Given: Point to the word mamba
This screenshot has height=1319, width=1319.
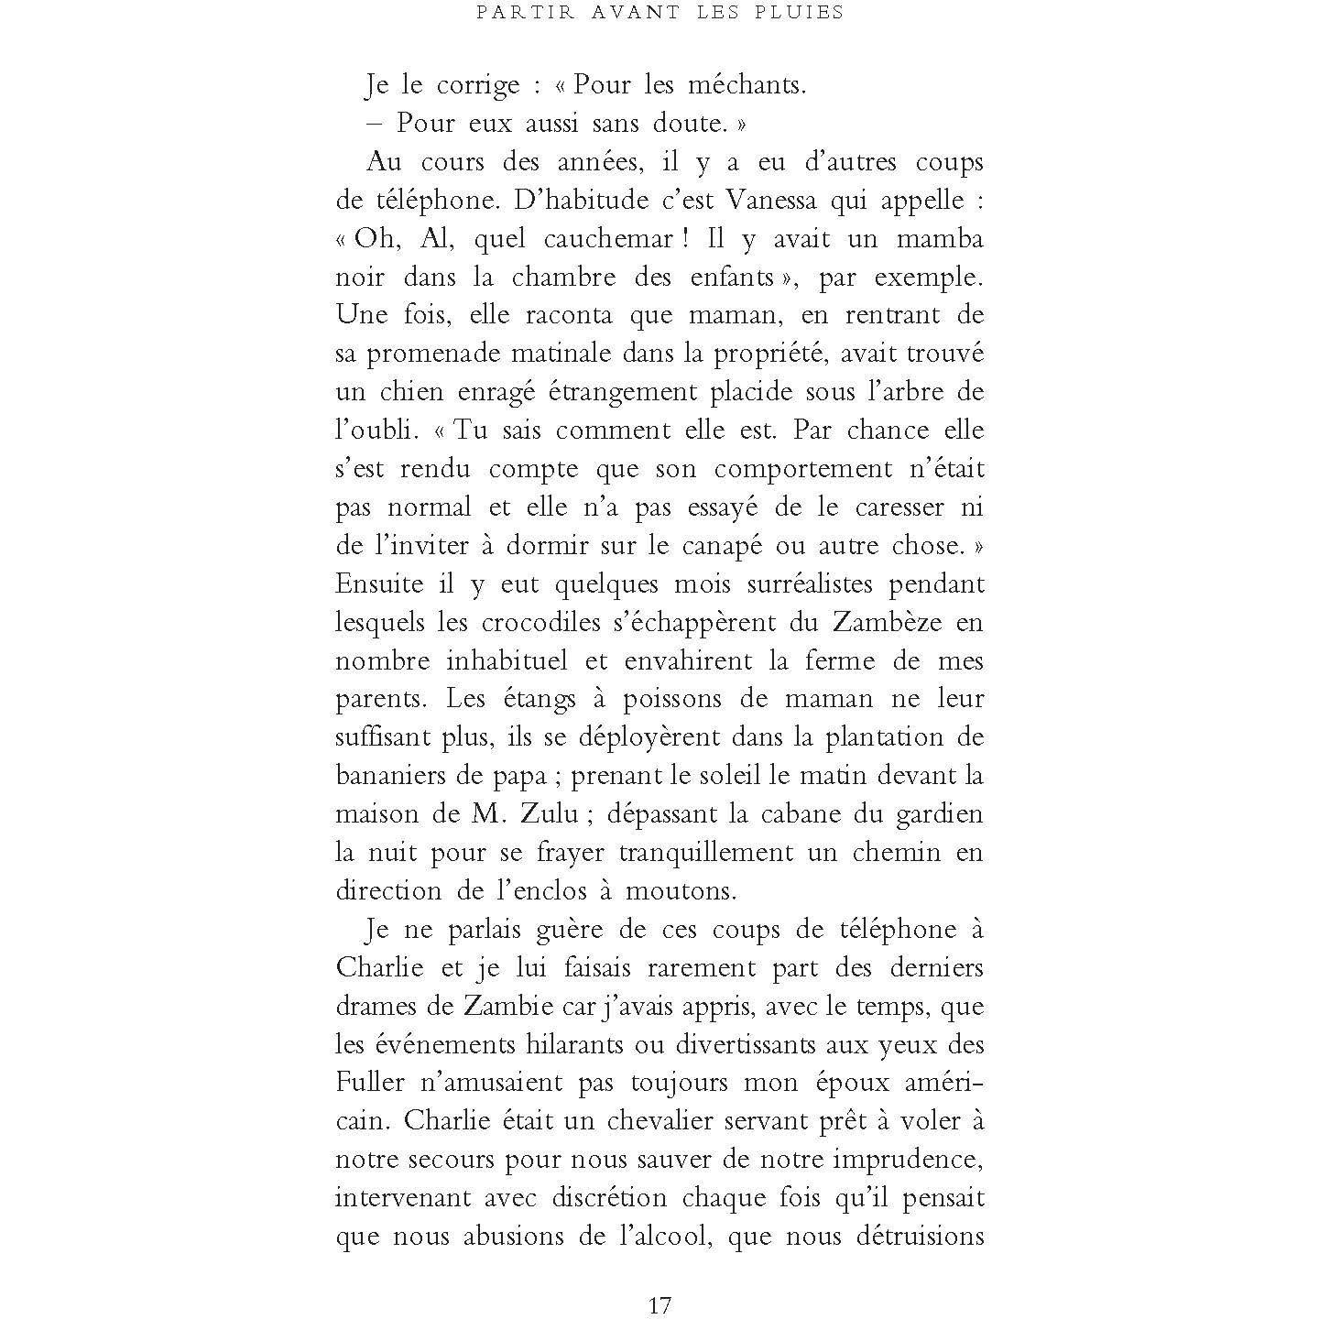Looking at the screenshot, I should [940, 239].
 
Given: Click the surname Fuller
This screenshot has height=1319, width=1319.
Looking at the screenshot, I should [370, 1083].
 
